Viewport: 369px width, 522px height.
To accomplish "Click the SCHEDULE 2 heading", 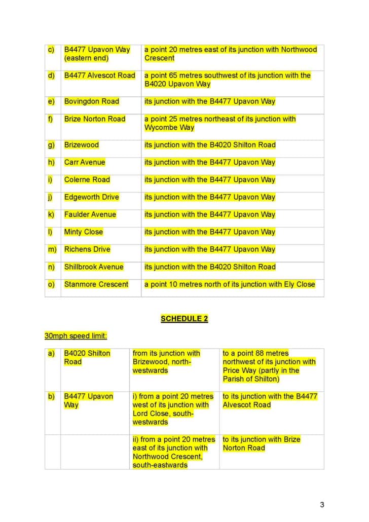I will pos(184,319).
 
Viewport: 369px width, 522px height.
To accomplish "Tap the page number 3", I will pos(322,504).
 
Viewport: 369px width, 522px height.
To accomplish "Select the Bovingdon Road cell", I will pos(92,101).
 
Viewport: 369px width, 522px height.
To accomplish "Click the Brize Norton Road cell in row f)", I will pos(95,119).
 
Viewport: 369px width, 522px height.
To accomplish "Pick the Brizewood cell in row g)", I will pos(82,145).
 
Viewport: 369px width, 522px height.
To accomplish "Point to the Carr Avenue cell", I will pos(85,162).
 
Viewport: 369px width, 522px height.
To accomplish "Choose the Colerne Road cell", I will pos(87,180).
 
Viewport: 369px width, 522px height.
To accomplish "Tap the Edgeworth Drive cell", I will pos(92,197).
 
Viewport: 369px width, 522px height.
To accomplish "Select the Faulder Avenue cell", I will pos(90,214).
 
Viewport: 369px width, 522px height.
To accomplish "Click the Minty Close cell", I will pos(84,232).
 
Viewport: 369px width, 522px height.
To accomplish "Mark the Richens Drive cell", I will pos(87,249).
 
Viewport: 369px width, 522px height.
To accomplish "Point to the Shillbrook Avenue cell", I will pos(94,267).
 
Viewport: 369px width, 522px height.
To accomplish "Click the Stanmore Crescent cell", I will pos(96,284).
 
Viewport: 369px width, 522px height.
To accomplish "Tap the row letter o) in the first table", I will pos(51,284).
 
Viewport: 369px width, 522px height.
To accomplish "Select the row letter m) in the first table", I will pos(52,249).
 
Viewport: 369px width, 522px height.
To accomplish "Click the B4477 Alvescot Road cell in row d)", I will pos(100,76).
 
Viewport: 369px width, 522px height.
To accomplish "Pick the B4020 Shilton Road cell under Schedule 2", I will pos(87,357).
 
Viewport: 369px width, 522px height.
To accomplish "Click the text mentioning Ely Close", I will pos(230,284).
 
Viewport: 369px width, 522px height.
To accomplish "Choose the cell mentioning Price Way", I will pos(269,366).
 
